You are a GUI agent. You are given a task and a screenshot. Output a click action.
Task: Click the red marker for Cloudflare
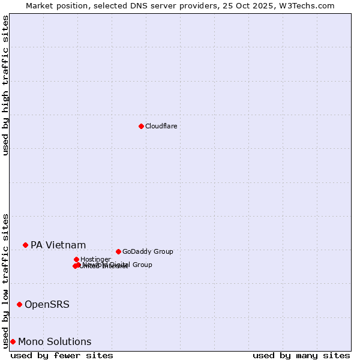pos(141,126)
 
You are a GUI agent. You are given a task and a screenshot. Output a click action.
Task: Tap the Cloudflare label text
pos(161,126)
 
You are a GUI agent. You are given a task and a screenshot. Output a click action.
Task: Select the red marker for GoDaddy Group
pos(118,251)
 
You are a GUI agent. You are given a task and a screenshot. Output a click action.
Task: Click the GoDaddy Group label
pos(148,251)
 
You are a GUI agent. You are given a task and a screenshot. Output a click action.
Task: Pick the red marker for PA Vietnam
pos(25,245)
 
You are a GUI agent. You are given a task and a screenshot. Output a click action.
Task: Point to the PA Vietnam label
pos(58,245)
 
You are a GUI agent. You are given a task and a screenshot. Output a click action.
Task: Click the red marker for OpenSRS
pos(19,304)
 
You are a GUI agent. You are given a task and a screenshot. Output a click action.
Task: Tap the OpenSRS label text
pos(47,304)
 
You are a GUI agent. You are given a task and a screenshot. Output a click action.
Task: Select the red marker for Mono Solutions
pos(13,341)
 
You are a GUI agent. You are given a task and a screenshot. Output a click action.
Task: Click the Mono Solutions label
pos(55,341)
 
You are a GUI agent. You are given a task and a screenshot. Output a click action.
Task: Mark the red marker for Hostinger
pos(76,259)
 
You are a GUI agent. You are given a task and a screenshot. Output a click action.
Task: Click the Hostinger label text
pos(95,259)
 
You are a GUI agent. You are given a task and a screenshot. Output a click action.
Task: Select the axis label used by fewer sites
pos(62,355)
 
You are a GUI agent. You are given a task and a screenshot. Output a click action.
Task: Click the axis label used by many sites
pos(301,355)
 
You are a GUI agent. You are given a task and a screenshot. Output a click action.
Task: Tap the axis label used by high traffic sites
pos(5,85)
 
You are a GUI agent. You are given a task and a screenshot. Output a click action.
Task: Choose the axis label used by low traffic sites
pos(5,280)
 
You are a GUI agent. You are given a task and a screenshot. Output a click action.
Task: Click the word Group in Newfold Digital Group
pos(142,265)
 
